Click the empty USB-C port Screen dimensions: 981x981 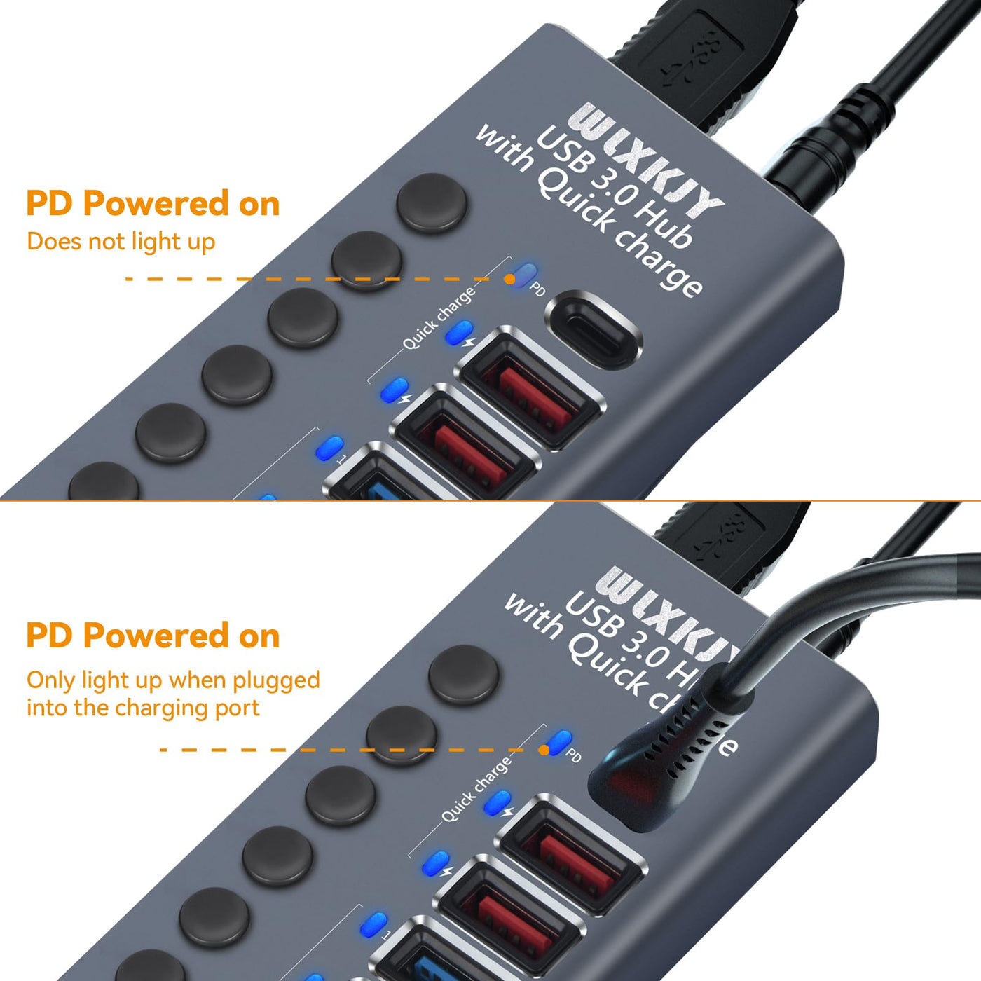pos(594,330)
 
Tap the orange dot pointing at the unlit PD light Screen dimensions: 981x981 pos(509,279)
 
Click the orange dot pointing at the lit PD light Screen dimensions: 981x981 pos(544,750)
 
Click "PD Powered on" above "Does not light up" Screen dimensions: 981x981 pos(153,204)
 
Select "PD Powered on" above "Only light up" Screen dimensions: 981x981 pos(153,636)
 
